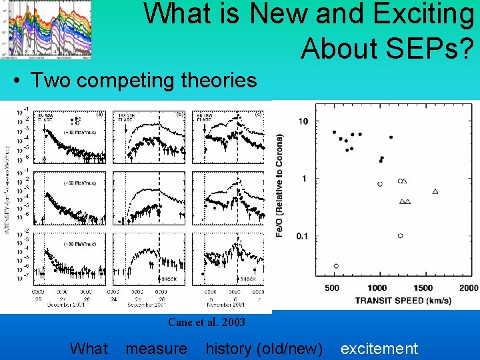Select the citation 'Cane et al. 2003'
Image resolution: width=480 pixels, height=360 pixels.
207,323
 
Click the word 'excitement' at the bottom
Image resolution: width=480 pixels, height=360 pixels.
379,348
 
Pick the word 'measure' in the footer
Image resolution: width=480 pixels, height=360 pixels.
157,348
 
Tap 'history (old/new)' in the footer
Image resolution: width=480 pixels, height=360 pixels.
264,348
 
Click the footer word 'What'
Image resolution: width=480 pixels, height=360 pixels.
89,348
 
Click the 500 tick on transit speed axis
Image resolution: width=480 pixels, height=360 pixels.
331,288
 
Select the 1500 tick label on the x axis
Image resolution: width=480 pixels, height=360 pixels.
423,288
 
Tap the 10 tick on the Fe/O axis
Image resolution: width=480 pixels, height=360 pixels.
303,121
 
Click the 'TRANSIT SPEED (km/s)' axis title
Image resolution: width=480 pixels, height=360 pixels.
403,300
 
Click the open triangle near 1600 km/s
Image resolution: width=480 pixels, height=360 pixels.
435,191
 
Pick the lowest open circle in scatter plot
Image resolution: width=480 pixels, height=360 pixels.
335,266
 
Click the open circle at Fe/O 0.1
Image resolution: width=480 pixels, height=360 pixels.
400,235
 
